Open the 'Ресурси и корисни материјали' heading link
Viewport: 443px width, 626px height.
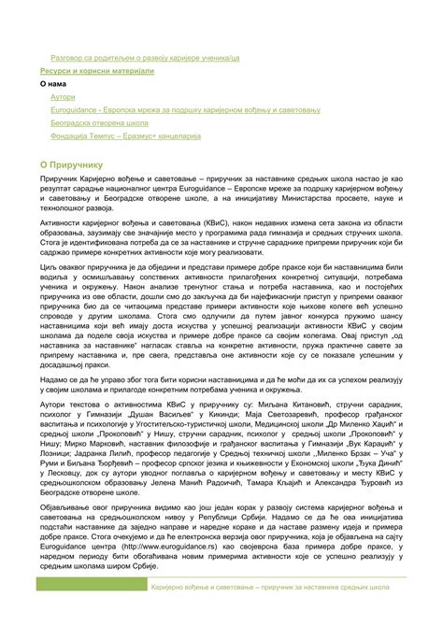[96, 70]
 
